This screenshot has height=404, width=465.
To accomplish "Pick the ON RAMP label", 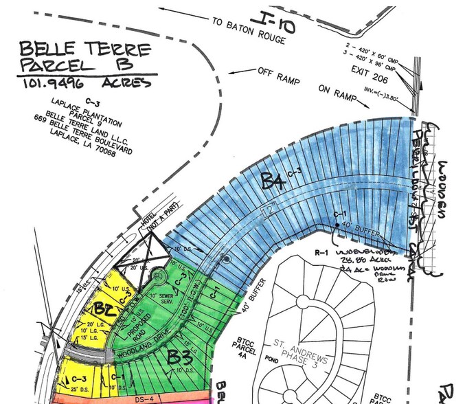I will (337, 90).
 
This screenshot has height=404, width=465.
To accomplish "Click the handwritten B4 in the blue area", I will (273, 181).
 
